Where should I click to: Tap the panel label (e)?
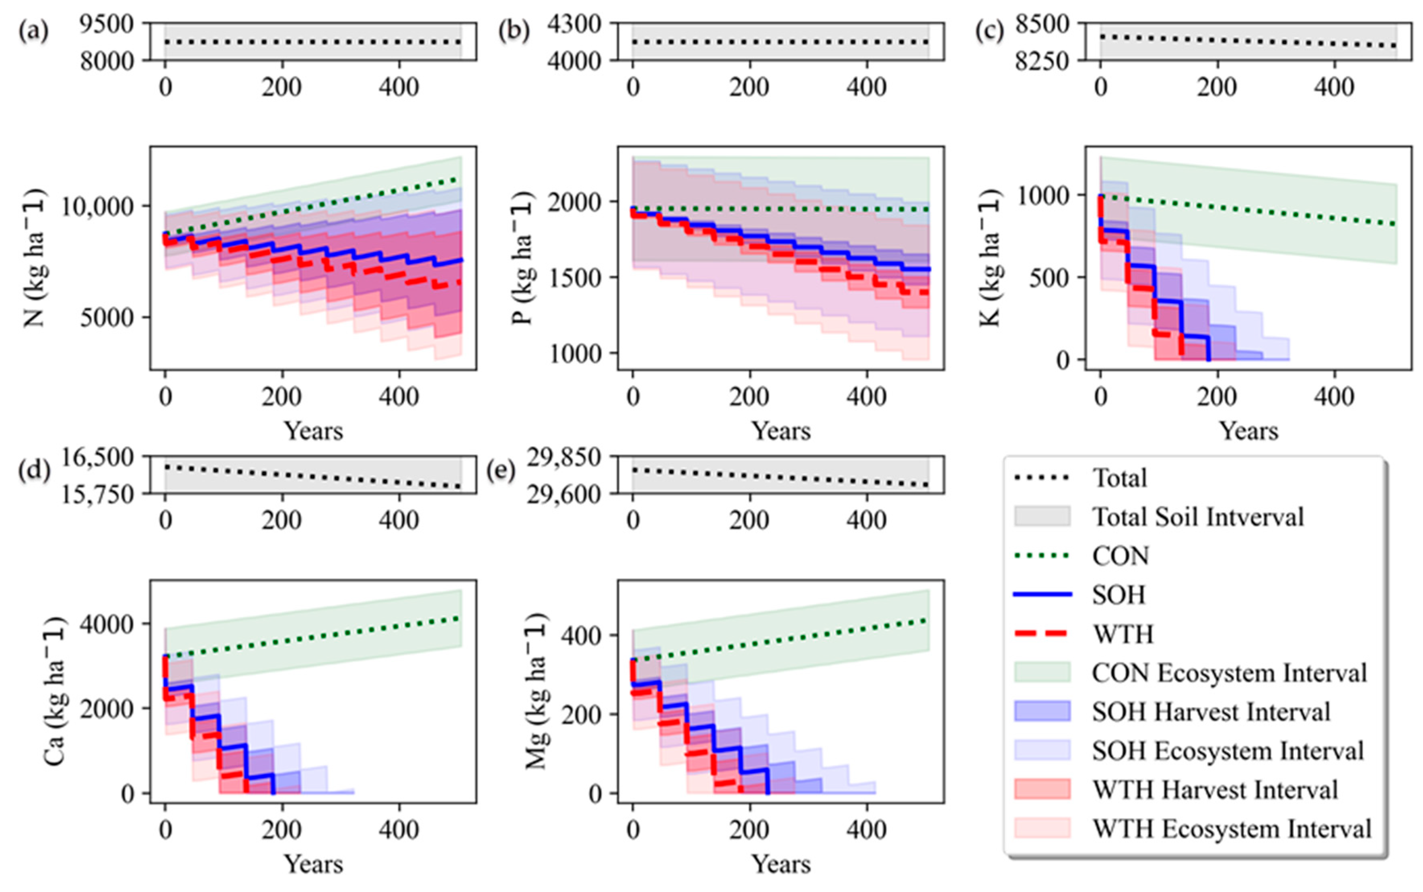pyautogui.click(x=501, y=471)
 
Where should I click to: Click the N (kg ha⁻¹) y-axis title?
pyautogui.click(x=35, y=258)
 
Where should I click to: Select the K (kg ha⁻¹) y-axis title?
pyautogui.click(x=991, y=258)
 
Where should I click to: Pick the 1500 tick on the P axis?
pyautogui.click(x=574, y=278)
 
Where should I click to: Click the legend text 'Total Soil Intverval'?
pyautogui.click(x=1198, y=517)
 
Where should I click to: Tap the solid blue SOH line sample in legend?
pyautogui.click(x=1042, y=595)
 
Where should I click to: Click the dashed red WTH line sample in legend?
pyautogui.click(x=1042, y=634)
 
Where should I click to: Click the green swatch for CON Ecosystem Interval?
pyautogui.click(x=1042, y=673)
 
